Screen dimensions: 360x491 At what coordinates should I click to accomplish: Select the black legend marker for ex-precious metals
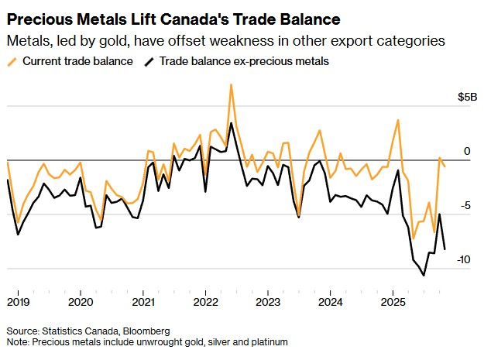tap(149, 60)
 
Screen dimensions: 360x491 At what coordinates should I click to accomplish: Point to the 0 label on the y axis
tap(466, 151)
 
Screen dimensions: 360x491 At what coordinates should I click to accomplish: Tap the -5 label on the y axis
tap(464, 205)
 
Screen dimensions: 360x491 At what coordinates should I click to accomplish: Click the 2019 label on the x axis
tap(19, 300)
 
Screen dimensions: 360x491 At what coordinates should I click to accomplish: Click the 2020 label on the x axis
tap(81, 300)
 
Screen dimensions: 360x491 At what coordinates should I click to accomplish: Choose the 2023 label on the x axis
tap(268, 300)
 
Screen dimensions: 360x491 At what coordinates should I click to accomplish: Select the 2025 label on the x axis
tap(393, 300)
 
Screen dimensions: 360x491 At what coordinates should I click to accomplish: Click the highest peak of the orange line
tap(231, 84)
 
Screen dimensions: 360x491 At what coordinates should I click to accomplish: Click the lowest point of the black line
tap(424, 275)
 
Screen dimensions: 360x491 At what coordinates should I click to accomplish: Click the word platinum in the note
tap(266, 341)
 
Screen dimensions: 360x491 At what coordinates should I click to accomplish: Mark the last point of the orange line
tap(445, 165)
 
